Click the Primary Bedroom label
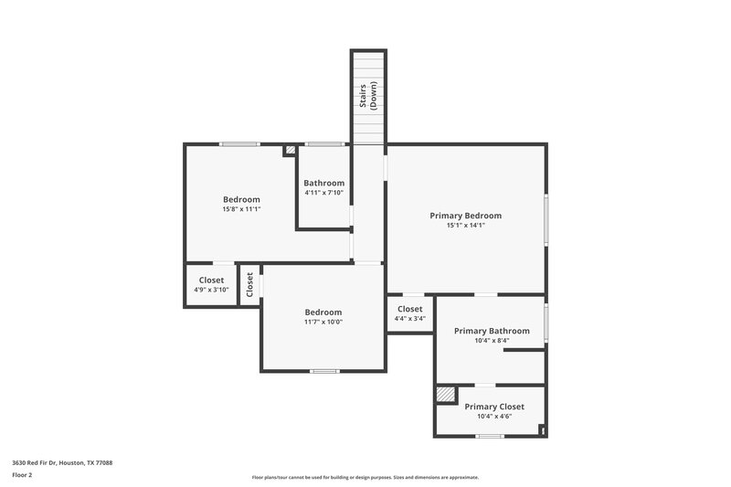(x=465, y=216)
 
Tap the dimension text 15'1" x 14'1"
(x=465, y=226)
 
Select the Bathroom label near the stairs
(x=323, y=183)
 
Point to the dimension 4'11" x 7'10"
(x=323, y=193)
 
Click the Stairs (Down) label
(x=367, y=96)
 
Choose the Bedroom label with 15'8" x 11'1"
(x=241, y=199)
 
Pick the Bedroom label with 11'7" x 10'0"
(x=323, y=312)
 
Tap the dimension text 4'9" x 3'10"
(x=211, y=291)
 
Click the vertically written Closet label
(x=249, y=285)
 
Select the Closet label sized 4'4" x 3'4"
(x=409, y=309)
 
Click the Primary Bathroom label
(x=492, y=331)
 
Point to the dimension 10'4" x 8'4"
(x=492, y=341)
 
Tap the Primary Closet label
(x=493, y=407)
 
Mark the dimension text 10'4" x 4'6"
(x=493, y=417)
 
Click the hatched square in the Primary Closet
(x=445, y=394)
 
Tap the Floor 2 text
(x=22, y=475)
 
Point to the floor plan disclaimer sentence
(x=365, y=477)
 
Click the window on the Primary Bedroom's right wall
(x=546, y=218)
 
